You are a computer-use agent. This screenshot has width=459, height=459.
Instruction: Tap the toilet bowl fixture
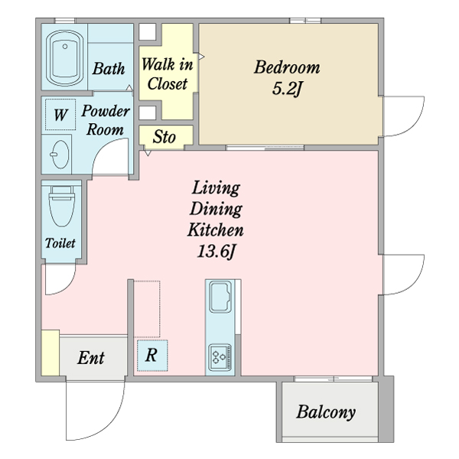[x=61, y=207]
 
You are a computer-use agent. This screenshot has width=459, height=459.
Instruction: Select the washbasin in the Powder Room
[x=60, y=155]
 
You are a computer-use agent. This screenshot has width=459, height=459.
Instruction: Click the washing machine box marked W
[x=60, y=115]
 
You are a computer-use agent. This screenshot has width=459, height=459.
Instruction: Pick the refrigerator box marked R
[x=152, y=356]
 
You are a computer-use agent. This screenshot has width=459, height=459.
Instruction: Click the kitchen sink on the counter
[x=220, y=297]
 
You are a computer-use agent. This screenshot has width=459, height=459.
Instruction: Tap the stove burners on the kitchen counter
[x=220, y=357]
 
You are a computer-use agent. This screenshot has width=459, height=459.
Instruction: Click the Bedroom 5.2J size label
[x=287, y=89]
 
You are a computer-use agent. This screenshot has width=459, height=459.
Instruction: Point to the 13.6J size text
[x=216, y=251]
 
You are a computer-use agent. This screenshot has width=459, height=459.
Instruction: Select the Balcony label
[x=326, y=412]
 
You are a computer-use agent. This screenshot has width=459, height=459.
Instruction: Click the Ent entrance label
[x=91, y=357]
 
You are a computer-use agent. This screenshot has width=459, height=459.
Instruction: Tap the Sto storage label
[x=164, y=136]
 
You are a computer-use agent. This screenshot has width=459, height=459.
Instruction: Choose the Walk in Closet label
[x=167, y=74]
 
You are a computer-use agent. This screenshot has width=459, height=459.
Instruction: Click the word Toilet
[x=60, y=243]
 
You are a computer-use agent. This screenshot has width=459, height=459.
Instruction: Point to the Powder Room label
[x=106, y=120]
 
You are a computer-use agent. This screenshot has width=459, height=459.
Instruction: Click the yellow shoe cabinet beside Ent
[x=50, y=353]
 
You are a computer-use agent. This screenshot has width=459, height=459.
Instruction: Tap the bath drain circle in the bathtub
[x=65, y=46]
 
